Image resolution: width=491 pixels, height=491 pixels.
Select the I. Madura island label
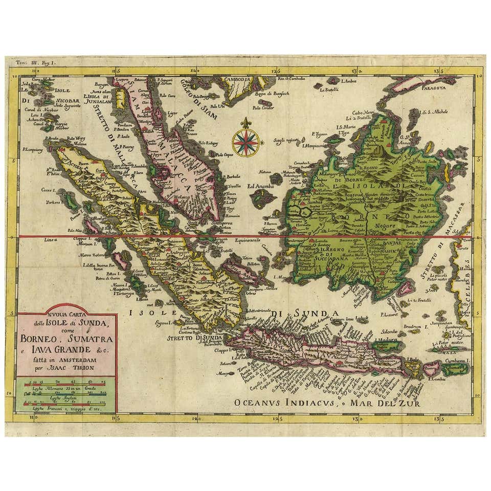tap(387, 339)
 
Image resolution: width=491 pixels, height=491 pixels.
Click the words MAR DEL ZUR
tap(383, 402)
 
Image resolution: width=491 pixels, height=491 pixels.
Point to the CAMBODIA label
tap(232, 80)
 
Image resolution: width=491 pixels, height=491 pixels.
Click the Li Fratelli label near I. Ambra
tap(330, 90)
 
